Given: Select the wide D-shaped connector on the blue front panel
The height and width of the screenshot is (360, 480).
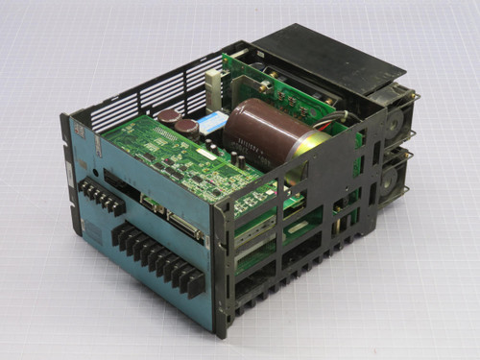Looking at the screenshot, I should click(x=183, y=227).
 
